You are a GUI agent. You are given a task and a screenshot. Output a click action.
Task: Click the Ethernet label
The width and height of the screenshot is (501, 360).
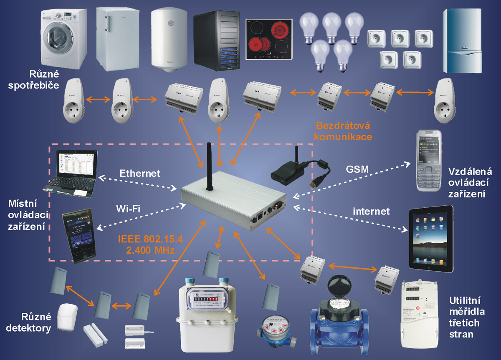[x=139, y=173]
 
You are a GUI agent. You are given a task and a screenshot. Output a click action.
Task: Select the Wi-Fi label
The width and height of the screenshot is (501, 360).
[x=127, y=209]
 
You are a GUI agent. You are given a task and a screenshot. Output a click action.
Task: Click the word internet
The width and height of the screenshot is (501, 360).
[x=371, y=211]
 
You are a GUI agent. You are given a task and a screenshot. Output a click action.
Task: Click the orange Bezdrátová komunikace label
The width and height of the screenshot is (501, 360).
[x=343, y=131]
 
